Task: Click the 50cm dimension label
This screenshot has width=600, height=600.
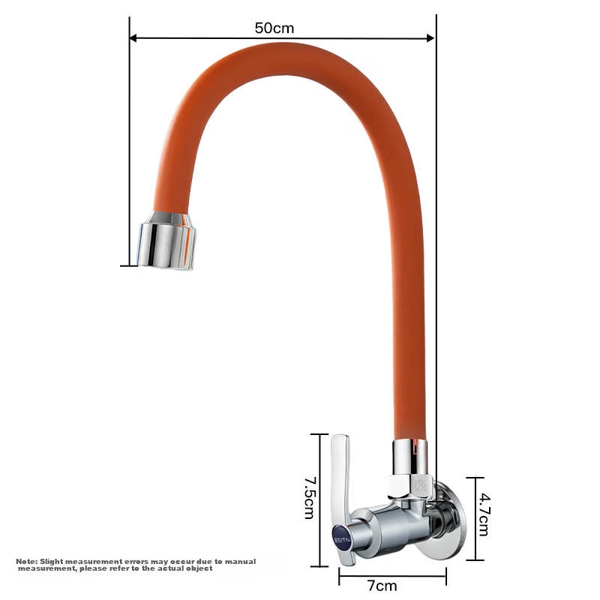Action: [274, 28]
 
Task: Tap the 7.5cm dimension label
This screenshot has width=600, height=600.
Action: [310, 498]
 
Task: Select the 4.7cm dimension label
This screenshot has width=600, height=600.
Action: [484, 514]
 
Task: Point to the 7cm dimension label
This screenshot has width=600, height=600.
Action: [382, 586]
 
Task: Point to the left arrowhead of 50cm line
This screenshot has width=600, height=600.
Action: [133, 38]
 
